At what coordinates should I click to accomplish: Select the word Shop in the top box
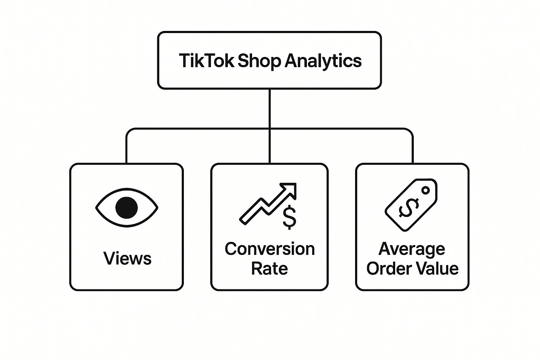259,61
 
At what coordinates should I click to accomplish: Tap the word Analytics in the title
323,61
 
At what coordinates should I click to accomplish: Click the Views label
127,258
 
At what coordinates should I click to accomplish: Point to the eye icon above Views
127,207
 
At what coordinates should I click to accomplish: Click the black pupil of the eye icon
127,207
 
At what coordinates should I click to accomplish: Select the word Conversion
270,249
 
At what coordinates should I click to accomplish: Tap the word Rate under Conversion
269,269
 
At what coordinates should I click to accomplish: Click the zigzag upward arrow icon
267,204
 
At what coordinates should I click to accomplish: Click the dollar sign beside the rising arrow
289,218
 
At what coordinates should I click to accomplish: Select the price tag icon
411,205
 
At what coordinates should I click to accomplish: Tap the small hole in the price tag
425,191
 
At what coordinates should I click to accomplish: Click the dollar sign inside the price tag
409,208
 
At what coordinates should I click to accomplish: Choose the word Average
412,249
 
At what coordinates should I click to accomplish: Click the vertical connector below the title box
269,109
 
